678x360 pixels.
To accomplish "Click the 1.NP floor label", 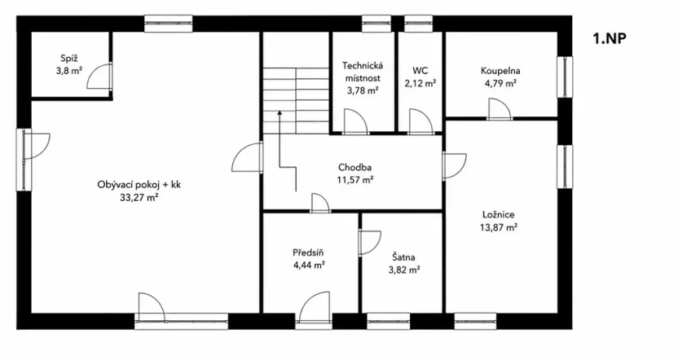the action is point(610,38).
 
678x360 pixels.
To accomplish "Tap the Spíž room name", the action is point(69,59).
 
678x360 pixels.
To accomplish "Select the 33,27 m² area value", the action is point(139,197).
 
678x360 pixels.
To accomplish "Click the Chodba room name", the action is point(355,168).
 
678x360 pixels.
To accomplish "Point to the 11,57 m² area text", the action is point(355,179).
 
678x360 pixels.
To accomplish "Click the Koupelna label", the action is point(500,71).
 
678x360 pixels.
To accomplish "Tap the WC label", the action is point(420,71).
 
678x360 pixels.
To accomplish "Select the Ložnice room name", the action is point(499,215).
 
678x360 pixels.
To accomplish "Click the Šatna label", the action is point(404,257).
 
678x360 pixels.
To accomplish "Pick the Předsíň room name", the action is point(308,252).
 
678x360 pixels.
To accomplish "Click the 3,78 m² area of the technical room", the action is point(363,90).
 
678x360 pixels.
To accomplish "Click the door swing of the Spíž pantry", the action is point(99,77).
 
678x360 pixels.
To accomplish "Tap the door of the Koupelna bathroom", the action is point(499,109).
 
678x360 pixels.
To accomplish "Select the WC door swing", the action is point(420,121).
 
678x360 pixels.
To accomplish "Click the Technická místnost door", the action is point(355,121).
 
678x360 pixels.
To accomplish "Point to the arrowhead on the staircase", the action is point(280,112).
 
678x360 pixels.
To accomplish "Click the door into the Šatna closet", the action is point(370,244).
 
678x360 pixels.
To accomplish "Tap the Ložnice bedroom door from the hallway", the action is point(455,166).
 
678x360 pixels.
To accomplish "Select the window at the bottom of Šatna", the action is point(388,321).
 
